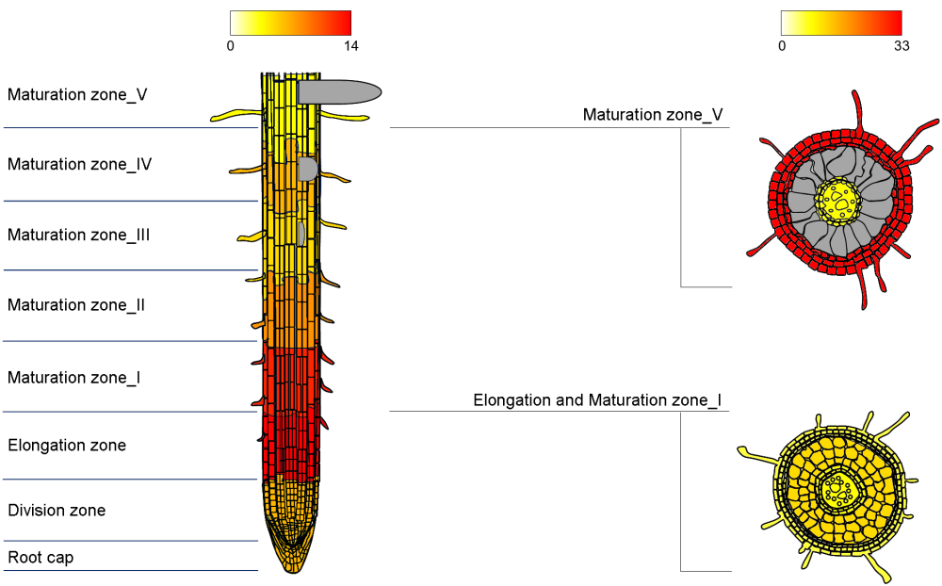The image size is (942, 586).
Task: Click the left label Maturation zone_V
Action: click(x=77, y=94)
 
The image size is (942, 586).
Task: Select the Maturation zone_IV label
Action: click(x=80, y=164)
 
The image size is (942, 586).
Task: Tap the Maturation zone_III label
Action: click(x=79, y=235)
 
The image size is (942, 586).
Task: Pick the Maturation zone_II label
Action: click(x=76, y=305)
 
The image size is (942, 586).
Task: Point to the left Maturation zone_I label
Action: click(x=74, y=377)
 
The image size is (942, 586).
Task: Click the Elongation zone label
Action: click(x=67, y=445)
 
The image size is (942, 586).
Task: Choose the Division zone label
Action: click(x=57, y=511)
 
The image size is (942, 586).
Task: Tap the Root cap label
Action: click(x=41, y=558)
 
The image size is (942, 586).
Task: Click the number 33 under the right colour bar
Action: click(x=901, y=45)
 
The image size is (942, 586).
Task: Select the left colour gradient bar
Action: click(x=290, y=23)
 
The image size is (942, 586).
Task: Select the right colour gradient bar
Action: click(x=841, y=23)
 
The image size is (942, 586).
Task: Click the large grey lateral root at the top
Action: click(x=339, y=91)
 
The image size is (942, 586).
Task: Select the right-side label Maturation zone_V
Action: click(x=653, y=115)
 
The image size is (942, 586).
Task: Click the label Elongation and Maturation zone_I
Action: click(x=597, y=400)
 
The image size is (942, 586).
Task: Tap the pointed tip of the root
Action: click(x=293, y=569)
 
